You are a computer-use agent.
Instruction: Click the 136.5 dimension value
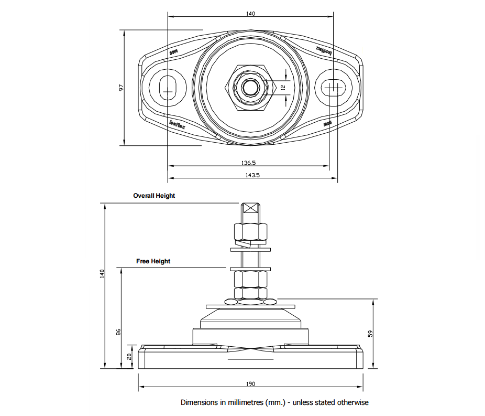click(248, 163)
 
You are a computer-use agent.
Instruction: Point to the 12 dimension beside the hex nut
click(283, 88)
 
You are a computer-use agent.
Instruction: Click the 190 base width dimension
click(250, 383)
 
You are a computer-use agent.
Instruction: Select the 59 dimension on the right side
click(370, 334)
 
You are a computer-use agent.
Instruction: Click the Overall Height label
click(154, 196)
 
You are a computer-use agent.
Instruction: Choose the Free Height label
click(153, 261)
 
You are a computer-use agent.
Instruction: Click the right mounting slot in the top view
click(333, 87)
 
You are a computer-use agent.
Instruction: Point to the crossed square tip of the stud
click(251, 208)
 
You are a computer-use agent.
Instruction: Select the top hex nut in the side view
click(251, 231)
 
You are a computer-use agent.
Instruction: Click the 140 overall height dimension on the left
click(103, 273)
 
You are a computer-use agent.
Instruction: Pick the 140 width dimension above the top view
click(250, 14)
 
